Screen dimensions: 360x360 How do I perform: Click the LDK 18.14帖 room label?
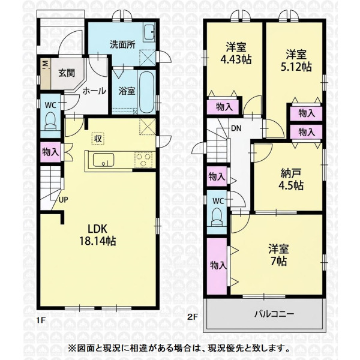[98, 235]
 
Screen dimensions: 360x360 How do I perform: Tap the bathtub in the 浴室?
[146, 92]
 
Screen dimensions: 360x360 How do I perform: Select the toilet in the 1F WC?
[50, 122]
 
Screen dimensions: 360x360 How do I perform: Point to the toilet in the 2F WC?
[217, 217]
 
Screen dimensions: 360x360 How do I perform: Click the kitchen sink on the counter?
[103, 160]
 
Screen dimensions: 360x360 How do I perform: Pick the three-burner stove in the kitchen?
[144, 160]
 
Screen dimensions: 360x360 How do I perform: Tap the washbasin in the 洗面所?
[149, 32]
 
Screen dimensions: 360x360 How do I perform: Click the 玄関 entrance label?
[67, 73]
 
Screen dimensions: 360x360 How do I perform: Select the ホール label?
[94, 91]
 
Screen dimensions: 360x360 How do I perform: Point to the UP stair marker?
[64, 200]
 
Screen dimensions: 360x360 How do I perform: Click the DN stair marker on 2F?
[236, 128]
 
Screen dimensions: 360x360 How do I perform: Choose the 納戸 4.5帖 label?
[291, 180]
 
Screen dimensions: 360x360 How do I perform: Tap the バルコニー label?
[274, 314]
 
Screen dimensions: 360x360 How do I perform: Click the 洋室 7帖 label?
[279, 255]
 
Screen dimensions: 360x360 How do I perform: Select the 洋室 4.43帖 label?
[236, 53]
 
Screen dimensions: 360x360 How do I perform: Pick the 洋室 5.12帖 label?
[296, 61]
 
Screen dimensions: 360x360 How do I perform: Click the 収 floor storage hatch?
[98, 139]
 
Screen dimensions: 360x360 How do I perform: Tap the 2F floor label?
[193, 317]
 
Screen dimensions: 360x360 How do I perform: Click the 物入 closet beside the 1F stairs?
[51, 152]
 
